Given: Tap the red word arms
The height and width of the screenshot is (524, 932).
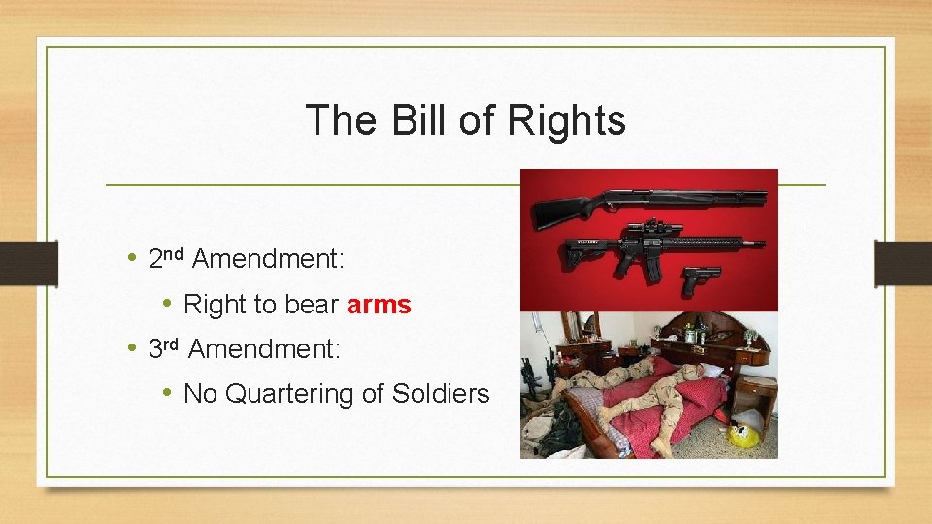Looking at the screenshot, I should pos(379,305).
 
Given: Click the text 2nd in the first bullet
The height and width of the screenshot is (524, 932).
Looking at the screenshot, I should pos(166,258).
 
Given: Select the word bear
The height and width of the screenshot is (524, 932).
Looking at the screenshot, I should pos(312,305).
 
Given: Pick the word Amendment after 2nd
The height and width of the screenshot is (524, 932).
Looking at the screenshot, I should pos(269,259).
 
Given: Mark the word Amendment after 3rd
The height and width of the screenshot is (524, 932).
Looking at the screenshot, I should pos(264,349).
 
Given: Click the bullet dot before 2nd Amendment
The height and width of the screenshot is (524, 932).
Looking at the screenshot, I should pos(133,259).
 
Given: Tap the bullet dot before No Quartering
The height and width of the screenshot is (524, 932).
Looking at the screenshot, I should pos(168,393).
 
